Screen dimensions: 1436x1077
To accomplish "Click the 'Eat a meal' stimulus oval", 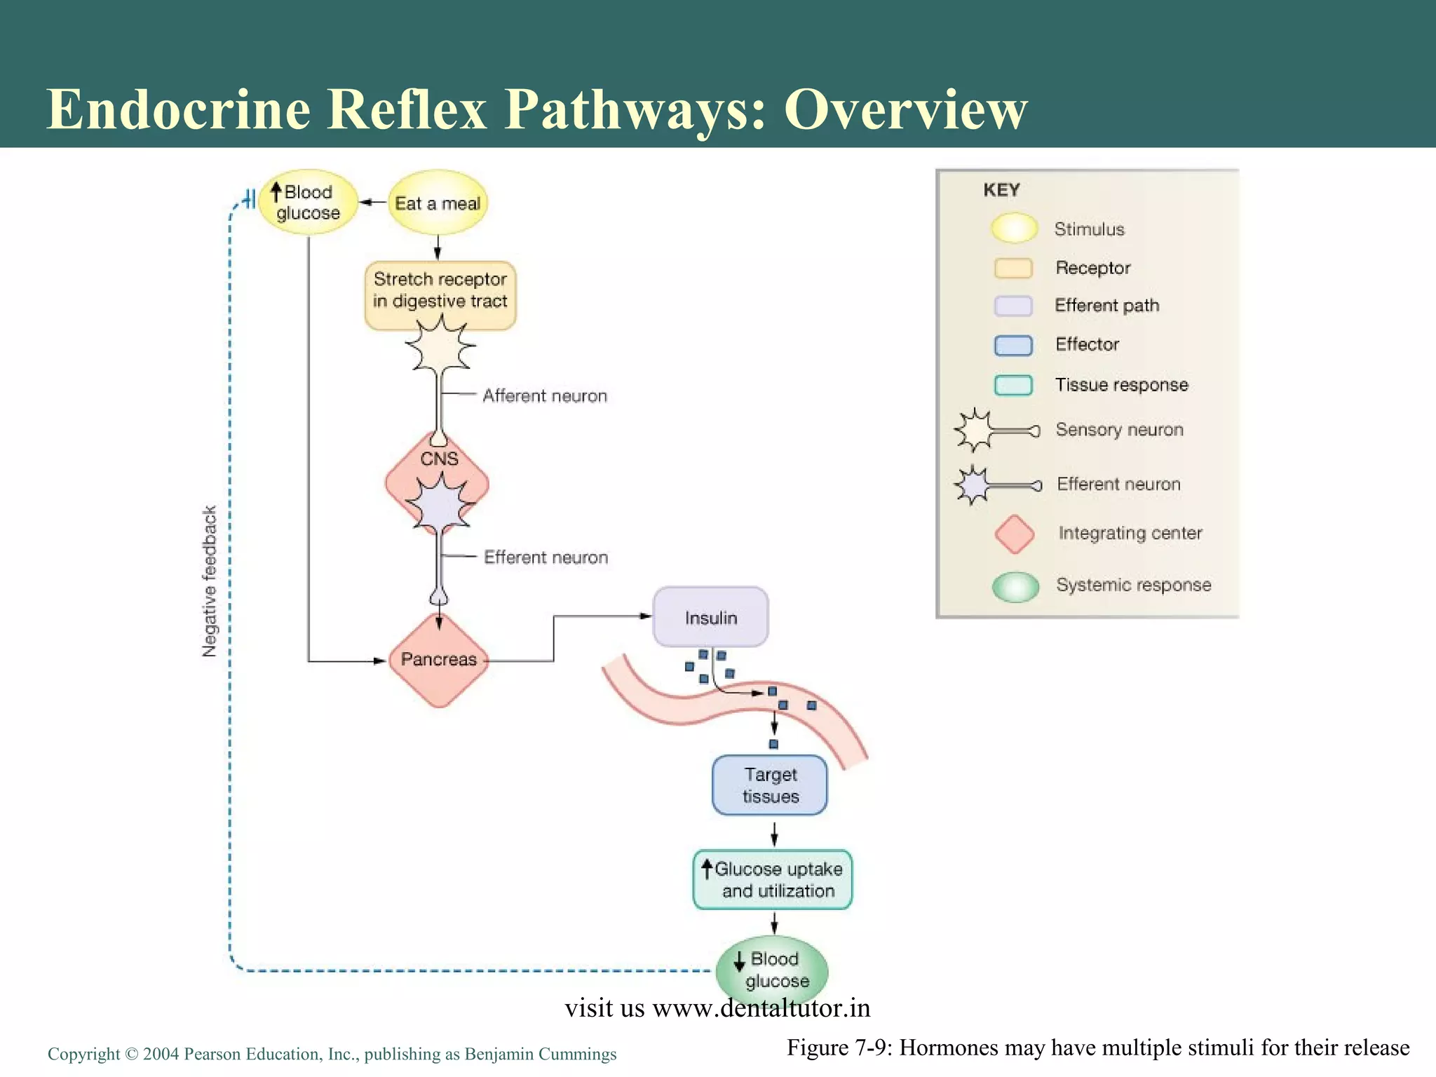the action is (438, 203).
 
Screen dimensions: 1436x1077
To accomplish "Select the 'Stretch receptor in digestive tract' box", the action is (440, 295).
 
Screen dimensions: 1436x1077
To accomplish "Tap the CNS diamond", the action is (438, 483).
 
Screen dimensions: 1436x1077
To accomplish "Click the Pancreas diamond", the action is (438, 660).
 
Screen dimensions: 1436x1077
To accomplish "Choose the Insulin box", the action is (711, 617).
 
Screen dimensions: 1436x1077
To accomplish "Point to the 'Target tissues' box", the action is (770, 785).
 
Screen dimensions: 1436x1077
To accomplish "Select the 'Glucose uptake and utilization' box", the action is (773, 880).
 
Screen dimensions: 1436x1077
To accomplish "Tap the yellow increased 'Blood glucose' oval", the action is (308, 203).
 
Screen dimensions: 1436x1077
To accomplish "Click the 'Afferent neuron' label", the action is (545, 396).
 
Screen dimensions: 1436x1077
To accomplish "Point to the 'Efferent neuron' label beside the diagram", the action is (546, 557).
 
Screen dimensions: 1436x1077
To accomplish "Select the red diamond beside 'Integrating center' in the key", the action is (1015, 534).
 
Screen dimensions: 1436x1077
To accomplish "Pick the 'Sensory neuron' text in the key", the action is (1120, 430).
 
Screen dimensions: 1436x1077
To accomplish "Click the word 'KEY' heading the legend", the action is (1001, 190).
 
